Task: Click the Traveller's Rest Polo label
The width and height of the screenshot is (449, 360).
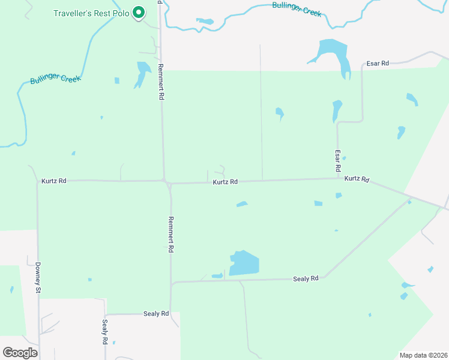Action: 91,13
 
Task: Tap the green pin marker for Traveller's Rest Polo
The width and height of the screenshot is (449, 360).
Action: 139,12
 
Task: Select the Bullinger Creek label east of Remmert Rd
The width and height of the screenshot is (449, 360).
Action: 297,8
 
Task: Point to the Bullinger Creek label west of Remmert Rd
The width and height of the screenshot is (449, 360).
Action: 55,79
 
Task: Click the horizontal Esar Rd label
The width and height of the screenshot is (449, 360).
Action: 378,63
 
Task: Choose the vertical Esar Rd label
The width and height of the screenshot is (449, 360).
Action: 338,162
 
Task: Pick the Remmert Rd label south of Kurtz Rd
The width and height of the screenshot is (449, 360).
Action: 171,234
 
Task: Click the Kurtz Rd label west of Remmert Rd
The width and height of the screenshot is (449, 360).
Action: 54,181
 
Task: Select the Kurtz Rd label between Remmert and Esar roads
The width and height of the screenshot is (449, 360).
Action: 225,182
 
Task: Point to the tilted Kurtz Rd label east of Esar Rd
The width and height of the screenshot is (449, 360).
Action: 357,179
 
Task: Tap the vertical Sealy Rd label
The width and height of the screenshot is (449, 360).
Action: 104,331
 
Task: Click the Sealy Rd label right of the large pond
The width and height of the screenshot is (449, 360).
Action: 306,279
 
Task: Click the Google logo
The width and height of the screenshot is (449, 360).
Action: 20,353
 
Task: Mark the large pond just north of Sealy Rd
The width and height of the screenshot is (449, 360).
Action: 245,263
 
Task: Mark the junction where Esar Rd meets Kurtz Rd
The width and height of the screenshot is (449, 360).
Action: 338,178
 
